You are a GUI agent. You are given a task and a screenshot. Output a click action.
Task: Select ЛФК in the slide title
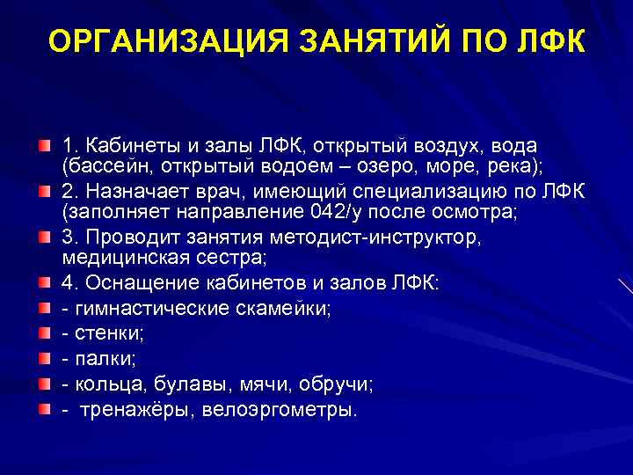click(x=554, y=41)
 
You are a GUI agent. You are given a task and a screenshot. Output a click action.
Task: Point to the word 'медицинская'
click(x=119, y=259)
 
